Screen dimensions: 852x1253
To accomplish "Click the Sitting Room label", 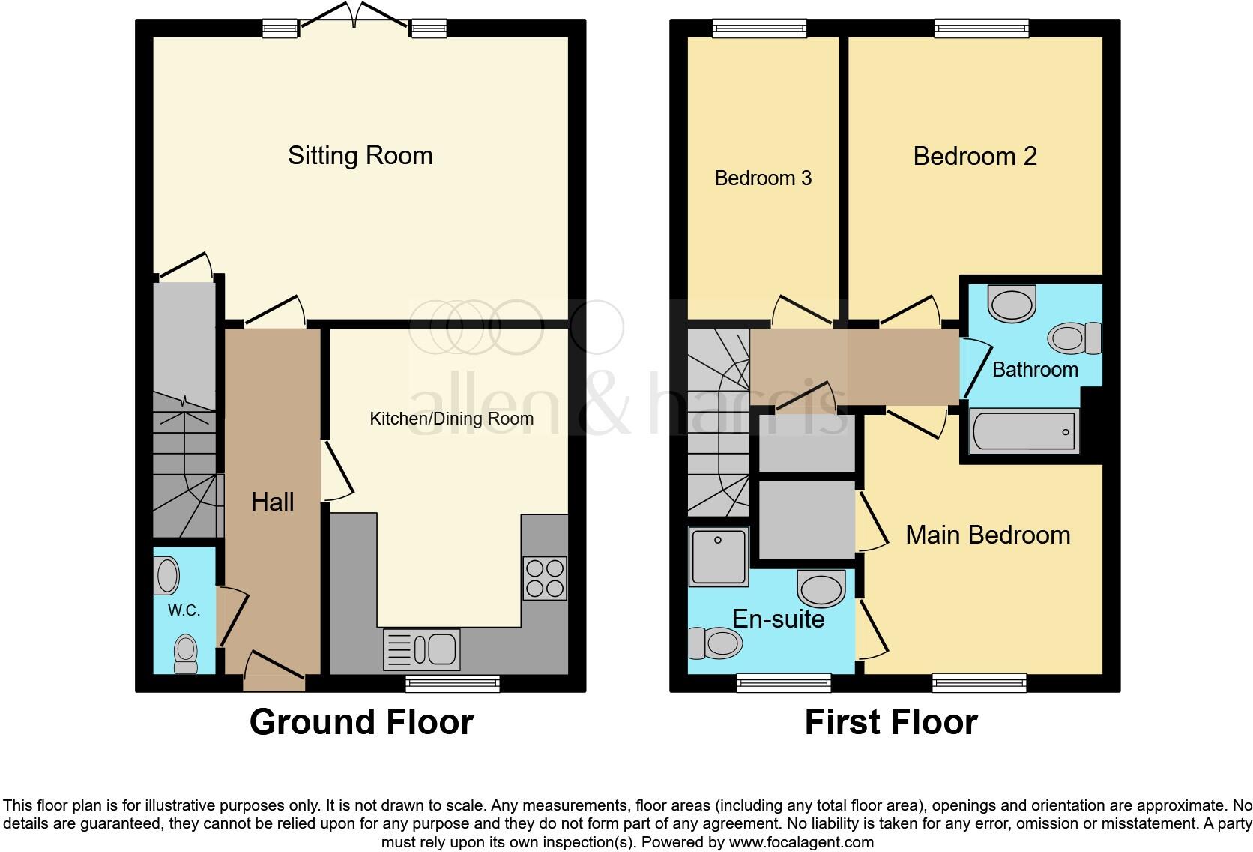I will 360,156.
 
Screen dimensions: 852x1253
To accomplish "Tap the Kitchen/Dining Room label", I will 451,418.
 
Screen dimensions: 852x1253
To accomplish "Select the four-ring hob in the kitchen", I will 545,578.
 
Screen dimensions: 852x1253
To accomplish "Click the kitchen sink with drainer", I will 421,649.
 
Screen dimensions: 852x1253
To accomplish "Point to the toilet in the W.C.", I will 185,654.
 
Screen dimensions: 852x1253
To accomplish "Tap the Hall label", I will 272,502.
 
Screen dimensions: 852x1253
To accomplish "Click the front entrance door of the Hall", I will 274,670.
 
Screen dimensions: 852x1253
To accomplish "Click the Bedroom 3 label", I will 763,178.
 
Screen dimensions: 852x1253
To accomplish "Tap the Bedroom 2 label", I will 974,156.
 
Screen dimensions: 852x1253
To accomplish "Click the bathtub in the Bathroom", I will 1024,431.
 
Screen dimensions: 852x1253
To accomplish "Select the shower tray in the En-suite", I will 719,556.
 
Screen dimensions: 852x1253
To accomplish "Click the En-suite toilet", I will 715,643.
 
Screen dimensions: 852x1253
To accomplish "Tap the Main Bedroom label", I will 987,535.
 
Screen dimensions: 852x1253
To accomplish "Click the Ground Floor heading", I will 360,722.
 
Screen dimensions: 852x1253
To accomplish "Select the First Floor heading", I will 890,722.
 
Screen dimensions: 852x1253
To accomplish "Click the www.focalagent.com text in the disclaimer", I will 800,841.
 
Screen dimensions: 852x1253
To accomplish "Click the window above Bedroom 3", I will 759,28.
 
